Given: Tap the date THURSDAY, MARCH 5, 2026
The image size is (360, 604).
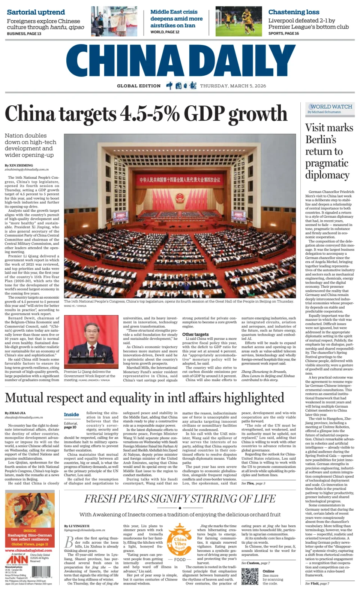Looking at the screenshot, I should pyautogui.click(x=233, y=86).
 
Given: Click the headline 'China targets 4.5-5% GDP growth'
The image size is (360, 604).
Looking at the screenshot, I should pyautogui.click(x=146, y=114).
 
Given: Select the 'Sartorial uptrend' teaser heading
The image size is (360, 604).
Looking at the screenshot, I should pyautogui.click(x=36, y=12).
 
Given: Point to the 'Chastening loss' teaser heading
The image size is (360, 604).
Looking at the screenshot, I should pyautogui.click(x=294, y=12).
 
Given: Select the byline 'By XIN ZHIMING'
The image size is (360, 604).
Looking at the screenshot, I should pyautogui.click(x=19, y=165).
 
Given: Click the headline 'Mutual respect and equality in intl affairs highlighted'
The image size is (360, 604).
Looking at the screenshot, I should pyautogui.click(x=144, y=398).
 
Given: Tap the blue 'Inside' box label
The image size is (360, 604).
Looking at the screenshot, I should pyautogui.click(x=71, y=414).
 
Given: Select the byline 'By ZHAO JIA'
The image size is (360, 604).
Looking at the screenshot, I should pyautogui.click(x=15, y=413).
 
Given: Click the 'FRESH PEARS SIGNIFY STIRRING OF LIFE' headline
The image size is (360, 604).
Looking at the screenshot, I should pyautogui.click(x=180, y=499).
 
